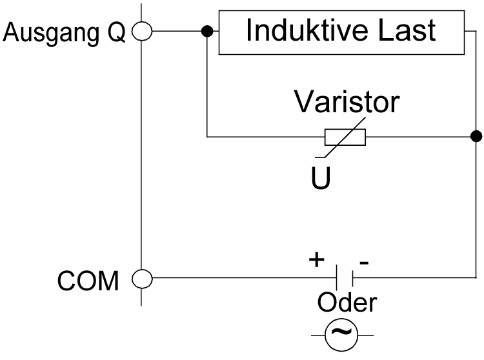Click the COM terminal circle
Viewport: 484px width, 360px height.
(141, 279)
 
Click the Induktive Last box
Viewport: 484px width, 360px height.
(341, 32)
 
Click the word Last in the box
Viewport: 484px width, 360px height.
(408, 30)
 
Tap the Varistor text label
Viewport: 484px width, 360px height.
(347, 101)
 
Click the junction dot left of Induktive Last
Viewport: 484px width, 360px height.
(207, 31)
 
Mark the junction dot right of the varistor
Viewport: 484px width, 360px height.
(476, 136)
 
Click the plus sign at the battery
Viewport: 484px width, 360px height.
(316, 259)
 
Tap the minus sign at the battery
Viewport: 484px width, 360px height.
(364, 261)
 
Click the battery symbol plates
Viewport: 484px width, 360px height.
(344, 279)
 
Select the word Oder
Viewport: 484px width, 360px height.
(347, 302)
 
